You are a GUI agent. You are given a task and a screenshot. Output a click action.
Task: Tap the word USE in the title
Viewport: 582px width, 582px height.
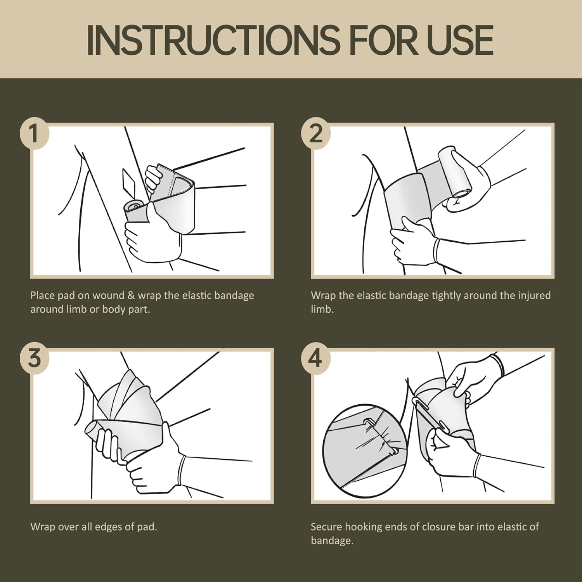[x=460, y=40]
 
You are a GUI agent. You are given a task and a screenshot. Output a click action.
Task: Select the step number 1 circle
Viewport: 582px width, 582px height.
[x=34, y=133]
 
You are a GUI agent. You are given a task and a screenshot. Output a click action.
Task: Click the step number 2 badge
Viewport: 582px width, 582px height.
[x=316, y=133]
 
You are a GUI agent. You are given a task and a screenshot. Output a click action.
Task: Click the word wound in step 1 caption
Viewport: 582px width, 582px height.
[x=108, y=296]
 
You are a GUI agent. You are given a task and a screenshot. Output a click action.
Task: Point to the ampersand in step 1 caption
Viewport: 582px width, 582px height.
[x=131, y=296]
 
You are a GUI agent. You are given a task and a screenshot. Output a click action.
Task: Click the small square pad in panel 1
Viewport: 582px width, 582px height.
[x=129, y=182]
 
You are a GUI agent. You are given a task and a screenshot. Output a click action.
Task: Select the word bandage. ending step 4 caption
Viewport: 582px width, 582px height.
[x=332, y=541]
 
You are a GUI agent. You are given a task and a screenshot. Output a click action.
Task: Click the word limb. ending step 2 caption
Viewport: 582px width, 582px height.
[x=322, y=310]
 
